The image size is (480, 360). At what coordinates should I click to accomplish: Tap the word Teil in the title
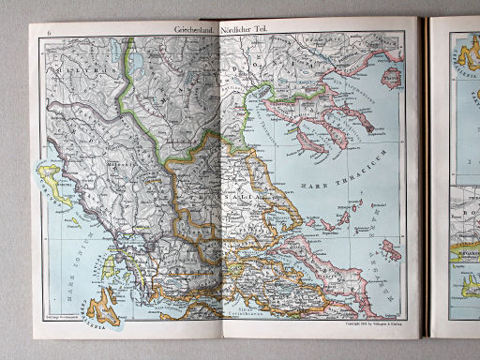coord(279,30)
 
